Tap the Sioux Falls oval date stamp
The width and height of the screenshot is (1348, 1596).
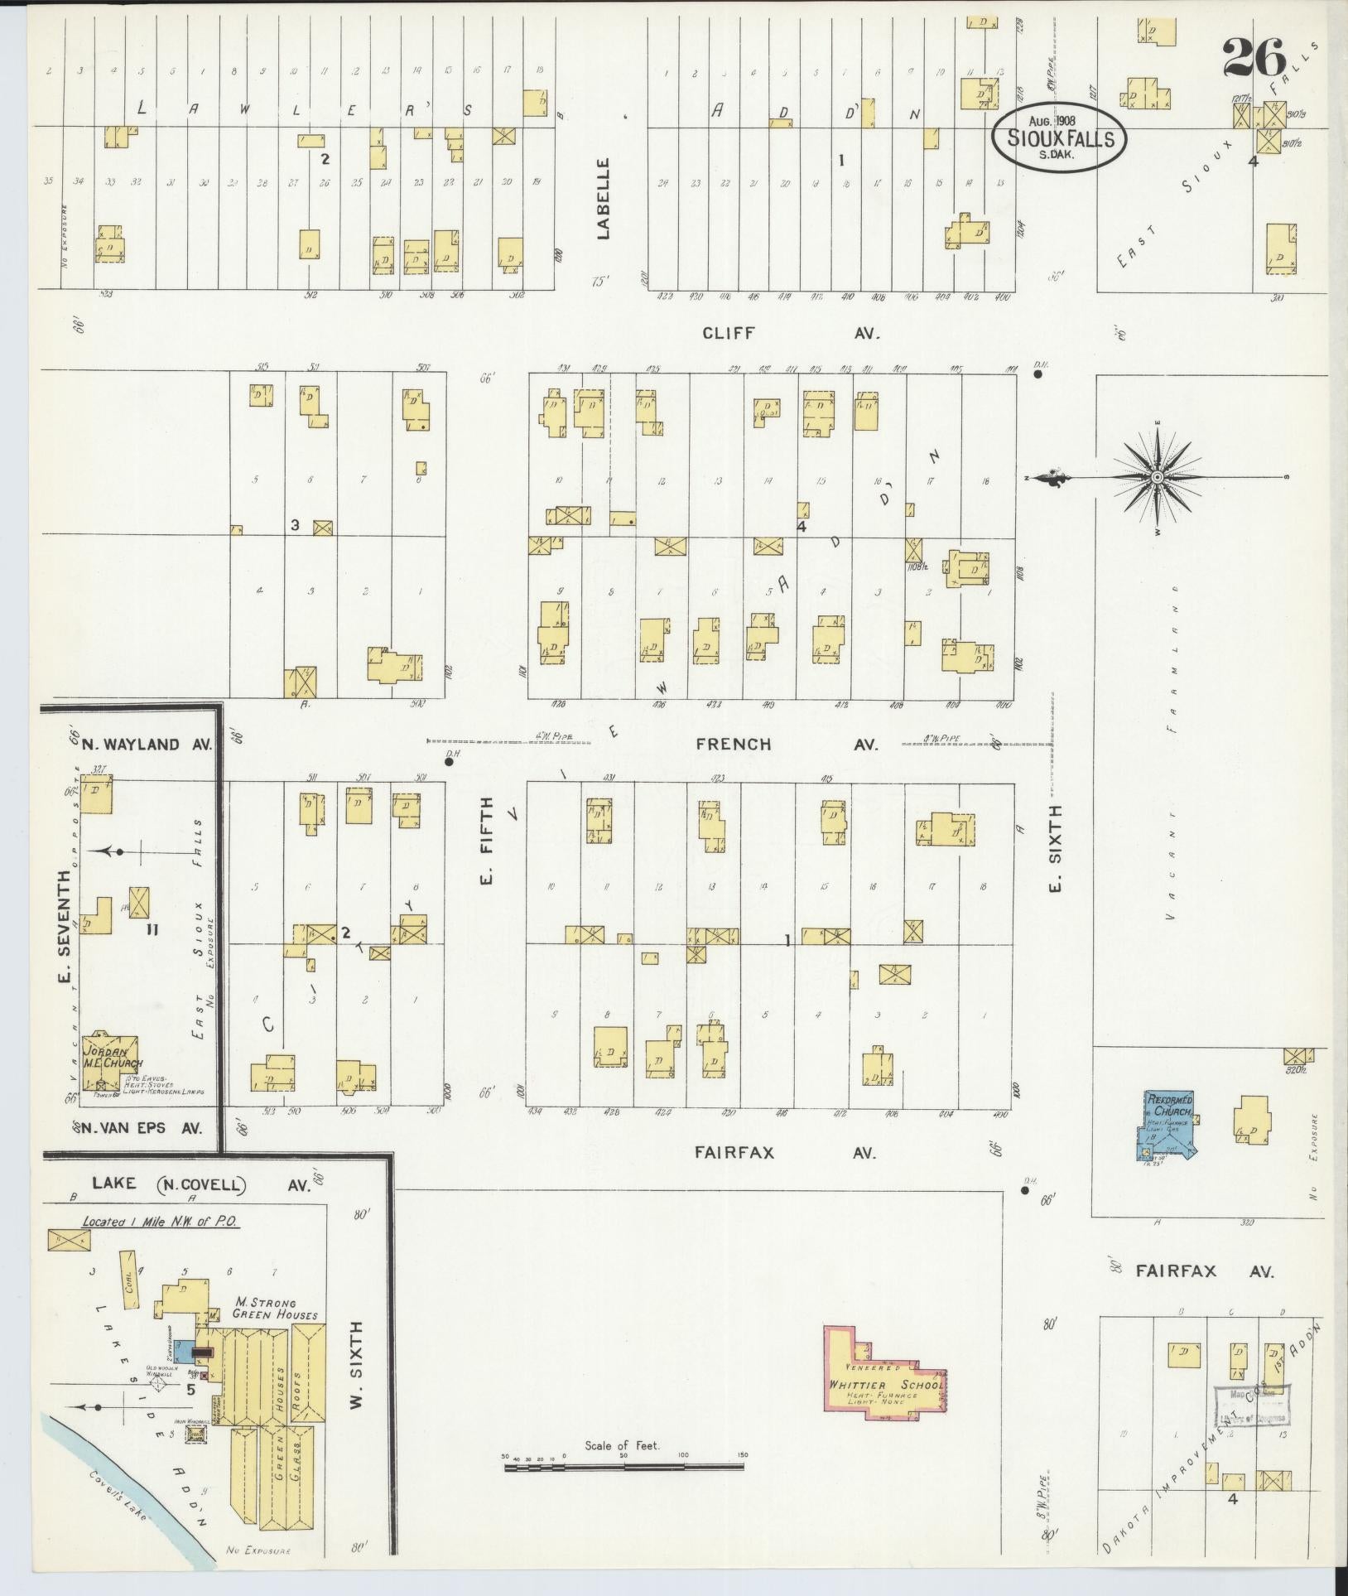(1061, 137)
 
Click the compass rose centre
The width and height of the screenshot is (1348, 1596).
(1158, 478)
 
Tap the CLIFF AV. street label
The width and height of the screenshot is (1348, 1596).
(789, 333)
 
